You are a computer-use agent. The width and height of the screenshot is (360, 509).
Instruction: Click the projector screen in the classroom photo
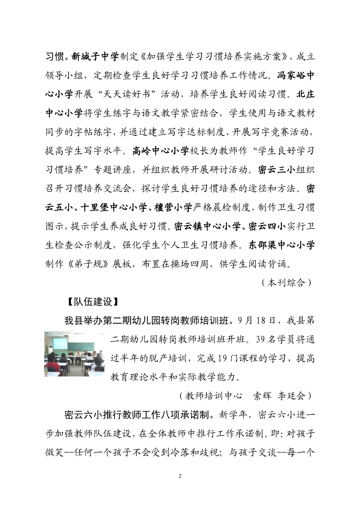click(x=60, y=343)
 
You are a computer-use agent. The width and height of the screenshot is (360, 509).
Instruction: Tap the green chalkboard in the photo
click(x=81, y=346)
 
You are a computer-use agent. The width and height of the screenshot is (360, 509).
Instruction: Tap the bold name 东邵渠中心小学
click(x=282, y=245)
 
